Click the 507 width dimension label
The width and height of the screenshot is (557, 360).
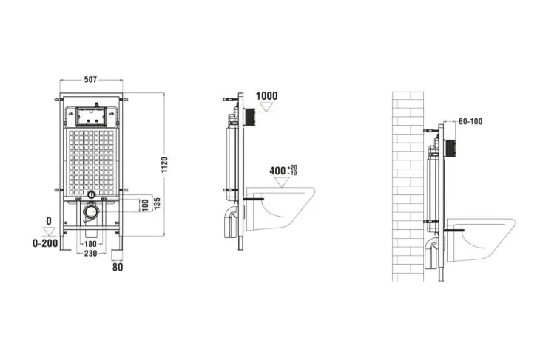click(x=90, y=80)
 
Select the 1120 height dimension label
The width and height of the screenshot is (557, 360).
click(x=164, y=165)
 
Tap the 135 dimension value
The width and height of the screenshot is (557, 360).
click(x=158, y=203)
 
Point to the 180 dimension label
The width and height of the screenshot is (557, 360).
click(x=90, y=244)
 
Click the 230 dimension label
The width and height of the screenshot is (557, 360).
click(x=90, y=253)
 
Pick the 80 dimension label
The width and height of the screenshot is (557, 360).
click(x=118, y=267)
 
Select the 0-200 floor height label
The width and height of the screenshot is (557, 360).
click(x=45, y=243)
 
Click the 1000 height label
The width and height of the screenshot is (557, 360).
click(x=267, y=96)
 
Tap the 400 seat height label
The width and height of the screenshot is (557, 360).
click(x=277, y=171)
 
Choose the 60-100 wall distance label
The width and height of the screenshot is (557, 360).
click(x=470, y=121)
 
